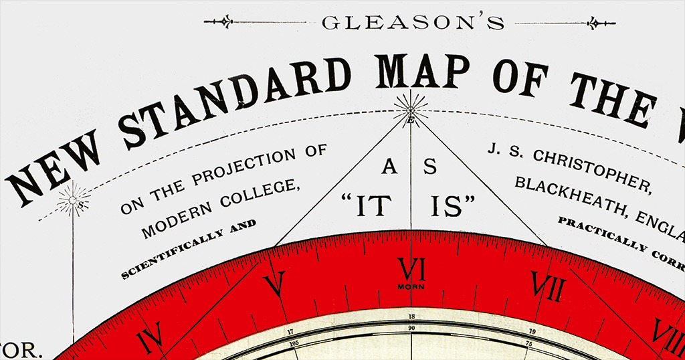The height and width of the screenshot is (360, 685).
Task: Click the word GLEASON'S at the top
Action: click(413, 23)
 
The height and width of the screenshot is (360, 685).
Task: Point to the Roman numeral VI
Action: click(411, 270)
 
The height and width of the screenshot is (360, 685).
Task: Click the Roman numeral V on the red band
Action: click(275, 284)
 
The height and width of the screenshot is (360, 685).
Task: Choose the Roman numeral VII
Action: click(547, 287)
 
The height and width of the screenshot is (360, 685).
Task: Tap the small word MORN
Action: click(411, 286)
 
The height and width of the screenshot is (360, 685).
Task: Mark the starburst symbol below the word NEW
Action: click(73, 200)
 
